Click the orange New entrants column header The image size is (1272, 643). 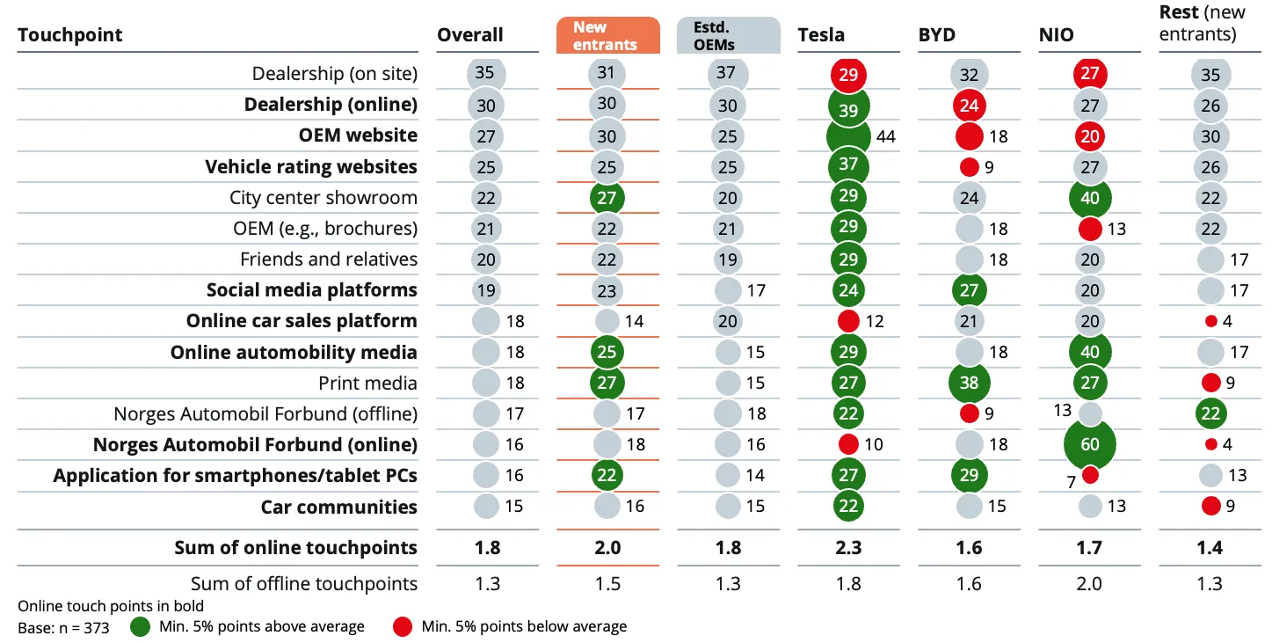[x=607, y=35]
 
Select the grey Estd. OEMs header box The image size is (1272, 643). [x=728, y=35]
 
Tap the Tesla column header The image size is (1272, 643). [x=821, y=35]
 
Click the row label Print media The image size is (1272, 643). [x=367, y=384]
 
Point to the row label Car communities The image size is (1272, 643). [x=338, y=507]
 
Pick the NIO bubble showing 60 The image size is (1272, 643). [x=1090, y=444]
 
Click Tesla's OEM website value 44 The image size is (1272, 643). [x=886, y=137]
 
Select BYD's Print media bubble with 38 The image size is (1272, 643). [x=969, y=383]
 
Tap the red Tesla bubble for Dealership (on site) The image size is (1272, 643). [x=848, y=75]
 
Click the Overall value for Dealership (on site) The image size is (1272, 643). [x=485, y=73]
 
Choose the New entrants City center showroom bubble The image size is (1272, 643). [x=607, y=198]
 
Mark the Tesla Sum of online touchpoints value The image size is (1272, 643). [x=848, y=548]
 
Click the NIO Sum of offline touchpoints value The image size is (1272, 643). [x=1089, y=584]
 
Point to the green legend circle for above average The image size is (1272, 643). [x=141, y=627]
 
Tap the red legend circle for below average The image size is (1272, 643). [x=402, y=627]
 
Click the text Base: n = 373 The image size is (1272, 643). [x=63, y=628]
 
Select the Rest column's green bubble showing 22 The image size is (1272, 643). [x=1210, y=413]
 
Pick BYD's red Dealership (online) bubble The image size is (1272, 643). [x=969, y=106]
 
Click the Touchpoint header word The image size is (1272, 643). [x=69, y=35]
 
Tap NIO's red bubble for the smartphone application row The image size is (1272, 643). [x=1090, y=475]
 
